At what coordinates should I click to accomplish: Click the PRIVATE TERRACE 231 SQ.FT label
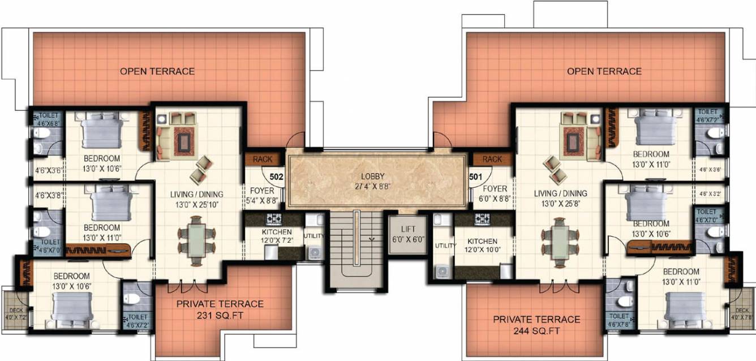220,309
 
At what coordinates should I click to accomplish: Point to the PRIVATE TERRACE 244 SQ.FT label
536,324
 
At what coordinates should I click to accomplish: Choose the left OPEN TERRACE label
157,71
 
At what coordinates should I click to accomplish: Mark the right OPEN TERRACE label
604,71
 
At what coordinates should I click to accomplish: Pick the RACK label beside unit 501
492,159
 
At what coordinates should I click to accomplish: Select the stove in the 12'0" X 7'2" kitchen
274,218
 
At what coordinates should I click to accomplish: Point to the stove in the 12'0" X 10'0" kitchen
483,218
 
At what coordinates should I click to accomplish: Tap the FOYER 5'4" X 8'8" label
261,195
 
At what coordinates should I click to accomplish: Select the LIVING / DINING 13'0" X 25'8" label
560,197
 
